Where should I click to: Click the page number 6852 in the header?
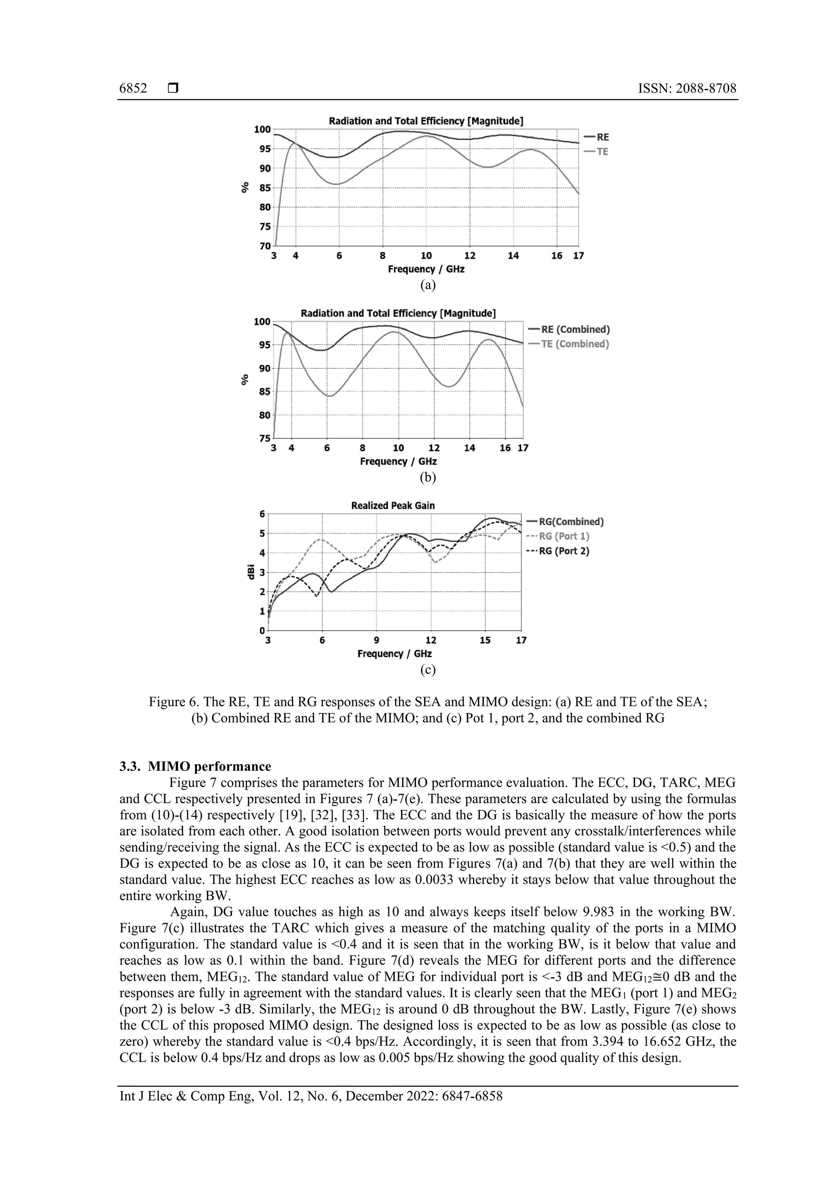click(133, 89)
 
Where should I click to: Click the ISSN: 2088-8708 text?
click(687, 89)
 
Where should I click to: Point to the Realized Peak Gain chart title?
click(393, 506)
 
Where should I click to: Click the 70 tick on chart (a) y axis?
click(264, 246)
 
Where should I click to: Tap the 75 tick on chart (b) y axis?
click(264, 439)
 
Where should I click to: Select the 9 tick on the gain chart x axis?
click(376, 640)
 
